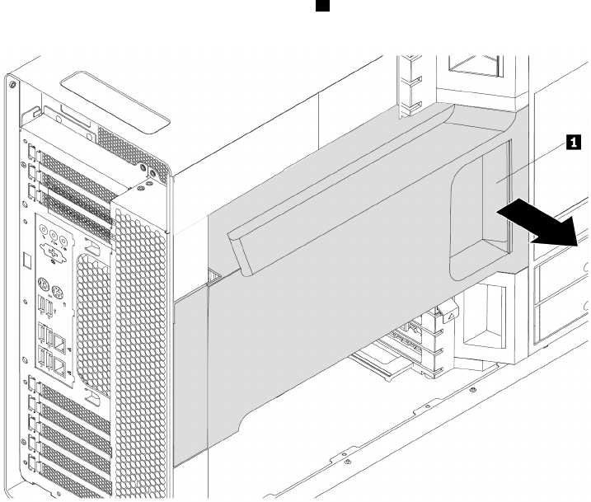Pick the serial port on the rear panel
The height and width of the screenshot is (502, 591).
(53, 253)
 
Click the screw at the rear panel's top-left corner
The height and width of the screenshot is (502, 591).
(9, 85)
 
